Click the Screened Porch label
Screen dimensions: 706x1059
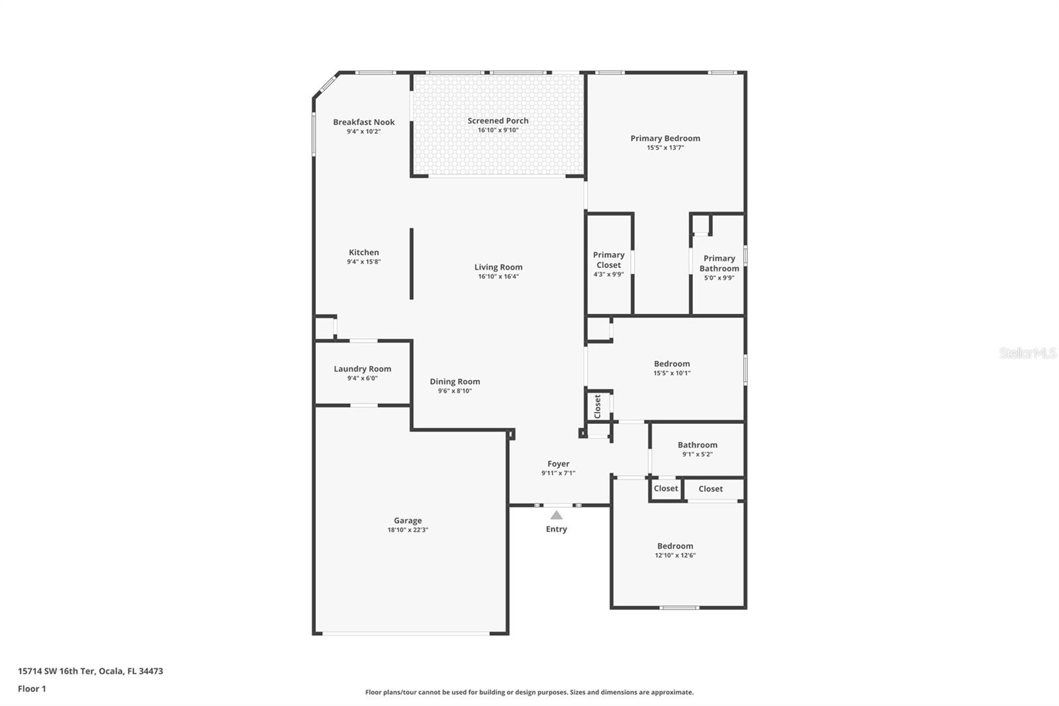click(x=498, y=121)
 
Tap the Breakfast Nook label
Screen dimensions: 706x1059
click(x=363, y=122)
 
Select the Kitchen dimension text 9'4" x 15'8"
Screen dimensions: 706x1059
click(x=363, y=262)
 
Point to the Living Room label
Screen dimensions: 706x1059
click(x=498, y=267)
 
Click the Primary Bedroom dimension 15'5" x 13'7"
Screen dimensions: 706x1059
click(x=665, y=148)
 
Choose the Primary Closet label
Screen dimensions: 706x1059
click(x=608, y=260)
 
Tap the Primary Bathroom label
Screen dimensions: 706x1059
click(x=719, y=263)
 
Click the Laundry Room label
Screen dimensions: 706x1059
click(x=362, y=369)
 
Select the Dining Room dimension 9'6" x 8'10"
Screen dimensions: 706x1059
click(x=455, y=391)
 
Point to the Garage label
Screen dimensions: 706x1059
click(x=408, y=521)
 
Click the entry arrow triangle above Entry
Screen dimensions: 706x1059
click(x=557, y=515)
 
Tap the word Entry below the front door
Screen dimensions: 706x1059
click(x=556, y=529)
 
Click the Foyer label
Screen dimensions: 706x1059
click(x=558, y=464)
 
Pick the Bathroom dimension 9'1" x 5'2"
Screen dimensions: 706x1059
click(x=697, y=454)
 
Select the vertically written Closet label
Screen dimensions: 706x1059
click(x=598, y=405)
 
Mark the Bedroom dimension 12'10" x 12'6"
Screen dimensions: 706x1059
click(x=674, y=556)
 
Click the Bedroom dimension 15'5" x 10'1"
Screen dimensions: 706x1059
click(x=671, y=373)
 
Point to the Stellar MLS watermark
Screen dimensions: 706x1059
click(x=1027, y=353)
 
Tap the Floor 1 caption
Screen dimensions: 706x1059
click(x=32, y=689)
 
